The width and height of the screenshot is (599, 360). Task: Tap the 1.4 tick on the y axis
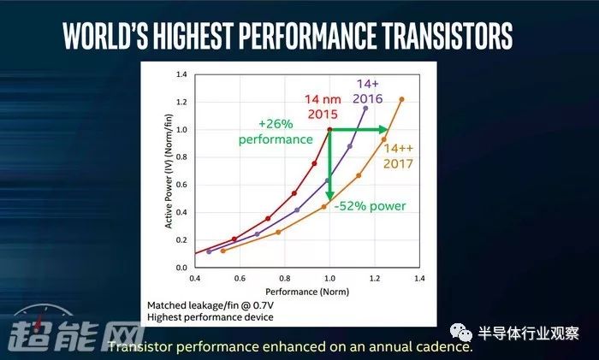(181, 74)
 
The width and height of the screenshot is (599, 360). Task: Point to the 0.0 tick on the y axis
(181, 268)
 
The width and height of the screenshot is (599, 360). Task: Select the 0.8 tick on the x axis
(285, 278)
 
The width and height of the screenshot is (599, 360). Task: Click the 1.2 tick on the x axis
(375, 278)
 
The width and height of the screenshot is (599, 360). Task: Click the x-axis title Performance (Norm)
(307, 292)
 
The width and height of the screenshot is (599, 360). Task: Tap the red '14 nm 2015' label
(323, 107)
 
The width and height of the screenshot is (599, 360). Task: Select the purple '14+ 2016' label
(367, 91)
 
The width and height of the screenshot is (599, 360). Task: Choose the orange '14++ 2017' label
(399, 156)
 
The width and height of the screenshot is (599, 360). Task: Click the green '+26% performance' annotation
(276, 132)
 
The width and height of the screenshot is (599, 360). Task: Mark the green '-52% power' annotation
(371, 206)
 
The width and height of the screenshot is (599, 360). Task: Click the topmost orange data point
(401, 99)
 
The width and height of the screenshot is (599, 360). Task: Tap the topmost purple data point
(365, 109)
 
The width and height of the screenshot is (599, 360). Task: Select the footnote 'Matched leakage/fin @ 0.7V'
(211, 306)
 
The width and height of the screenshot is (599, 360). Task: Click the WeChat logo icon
(461, 333)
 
